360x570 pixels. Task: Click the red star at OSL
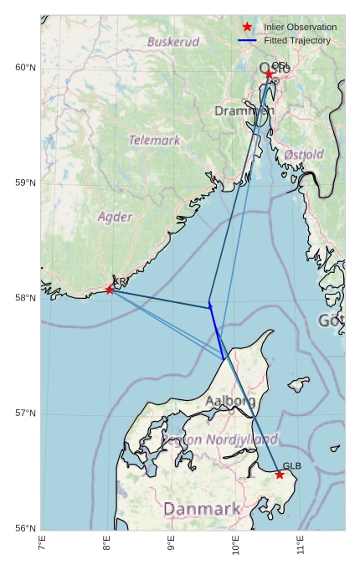(269, 74)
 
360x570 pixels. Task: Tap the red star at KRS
(110, 290)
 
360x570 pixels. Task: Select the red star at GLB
(280, 475)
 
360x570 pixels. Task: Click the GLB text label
(291, 466)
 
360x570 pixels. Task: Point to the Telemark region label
(154, 141)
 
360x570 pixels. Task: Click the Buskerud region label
(173, 42)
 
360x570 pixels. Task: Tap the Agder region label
(115, 218)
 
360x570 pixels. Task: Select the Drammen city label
(244, 111)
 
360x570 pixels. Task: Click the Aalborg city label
(230, 402)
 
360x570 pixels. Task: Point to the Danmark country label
(202, 509)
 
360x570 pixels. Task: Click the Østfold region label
(304, 155)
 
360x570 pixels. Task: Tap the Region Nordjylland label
(219, 439)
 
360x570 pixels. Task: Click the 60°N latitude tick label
(26, 68)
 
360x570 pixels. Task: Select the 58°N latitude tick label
(26, 298)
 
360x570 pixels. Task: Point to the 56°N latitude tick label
(26, 528)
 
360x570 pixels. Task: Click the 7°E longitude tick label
(42, 545)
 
